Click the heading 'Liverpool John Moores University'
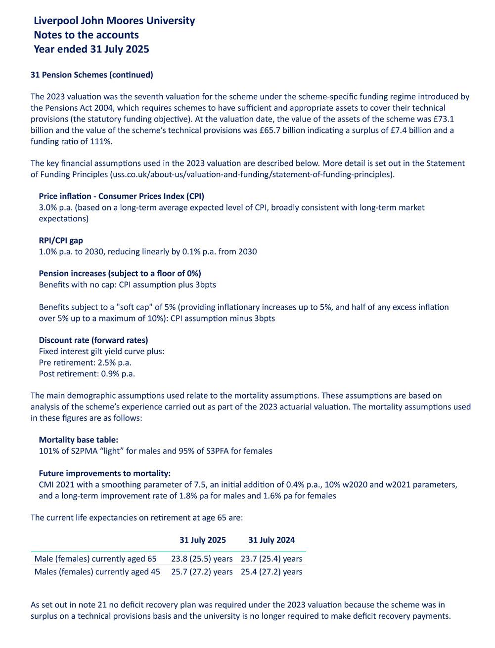114,21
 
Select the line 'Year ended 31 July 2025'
91,49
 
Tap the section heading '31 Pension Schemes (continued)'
92,75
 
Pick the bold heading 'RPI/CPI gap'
61,241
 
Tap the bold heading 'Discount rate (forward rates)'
93,340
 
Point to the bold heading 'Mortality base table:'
79,440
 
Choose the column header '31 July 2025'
203,540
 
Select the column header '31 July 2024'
271,540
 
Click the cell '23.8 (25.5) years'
202,559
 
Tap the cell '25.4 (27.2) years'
271,572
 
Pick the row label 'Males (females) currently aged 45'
97,572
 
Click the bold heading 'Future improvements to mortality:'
105,473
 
